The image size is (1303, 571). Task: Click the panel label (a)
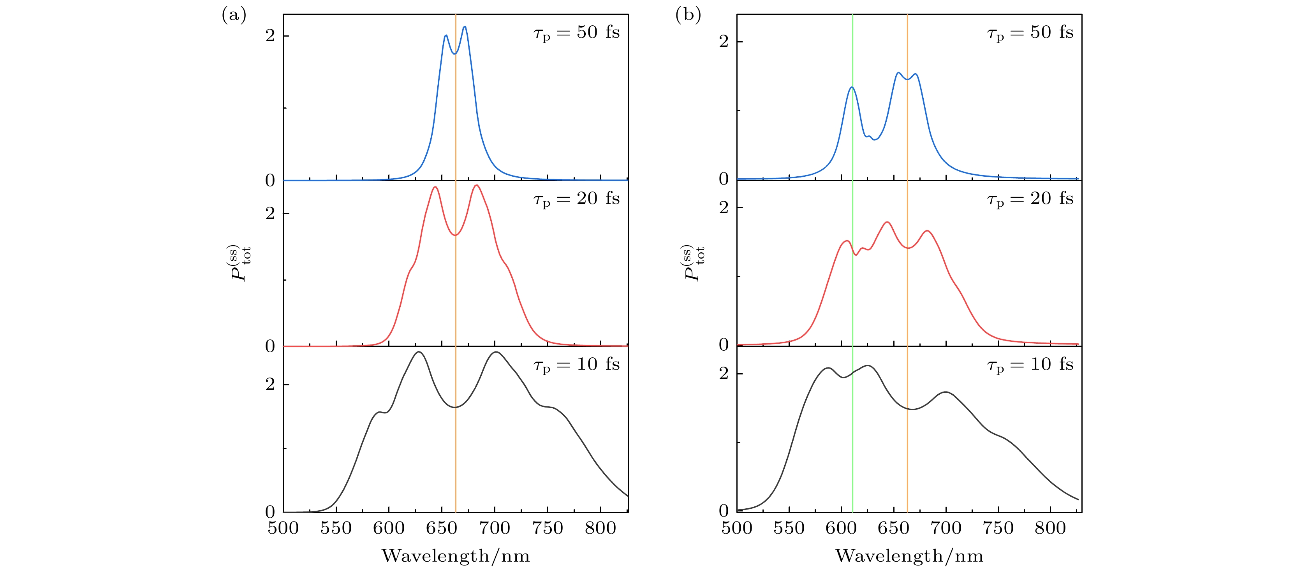point(234,16)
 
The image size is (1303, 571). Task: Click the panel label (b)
point(688,16)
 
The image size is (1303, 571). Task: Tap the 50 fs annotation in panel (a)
point(576,33)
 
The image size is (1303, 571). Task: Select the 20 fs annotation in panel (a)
point(576,199)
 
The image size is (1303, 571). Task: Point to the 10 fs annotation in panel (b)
point(1030,365)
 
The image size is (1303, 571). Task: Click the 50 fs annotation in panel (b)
point(1030,33)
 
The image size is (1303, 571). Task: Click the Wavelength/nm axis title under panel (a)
point(456,556)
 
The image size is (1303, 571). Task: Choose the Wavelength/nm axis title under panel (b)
point(909,556)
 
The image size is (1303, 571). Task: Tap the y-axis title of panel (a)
point(240,263)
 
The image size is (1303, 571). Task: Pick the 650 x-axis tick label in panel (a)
point(442,529)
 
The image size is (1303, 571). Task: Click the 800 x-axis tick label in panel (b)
point(1050,529)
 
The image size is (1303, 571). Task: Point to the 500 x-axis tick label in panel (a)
point(283,529)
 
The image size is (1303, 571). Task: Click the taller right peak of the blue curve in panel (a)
point(464,27)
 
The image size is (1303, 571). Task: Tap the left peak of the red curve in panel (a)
point(435,187)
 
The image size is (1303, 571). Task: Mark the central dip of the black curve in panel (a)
point(455,407)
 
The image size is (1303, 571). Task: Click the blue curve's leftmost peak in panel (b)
point(852,88)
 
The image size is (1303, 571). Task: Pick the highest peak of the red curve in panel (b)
point(887,222)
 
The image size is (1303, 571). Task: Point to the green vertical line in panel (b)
point(853,304)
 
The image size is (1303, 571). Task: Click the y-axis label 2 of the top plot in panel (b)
point(724,42)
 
